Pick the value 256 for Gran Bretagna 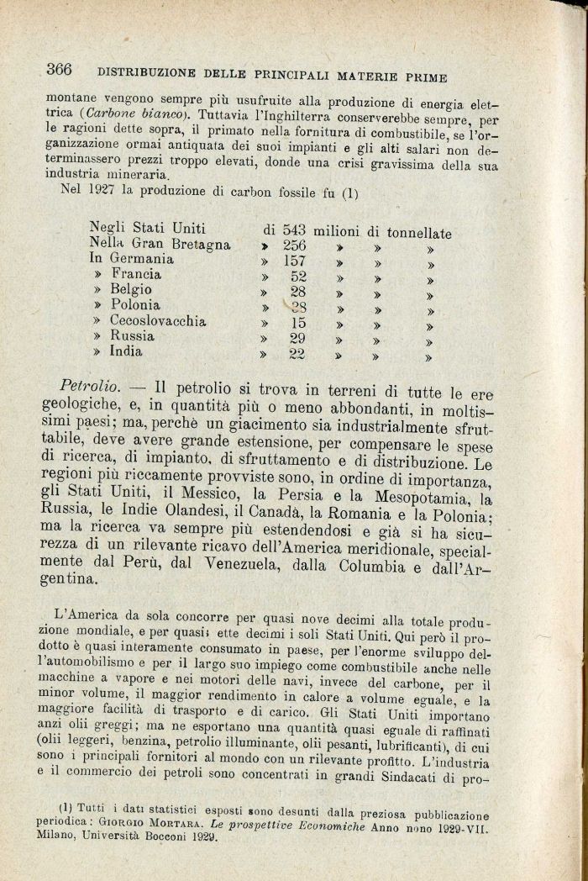click(289, 245)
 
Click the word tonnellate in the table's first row click(407, 231)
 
